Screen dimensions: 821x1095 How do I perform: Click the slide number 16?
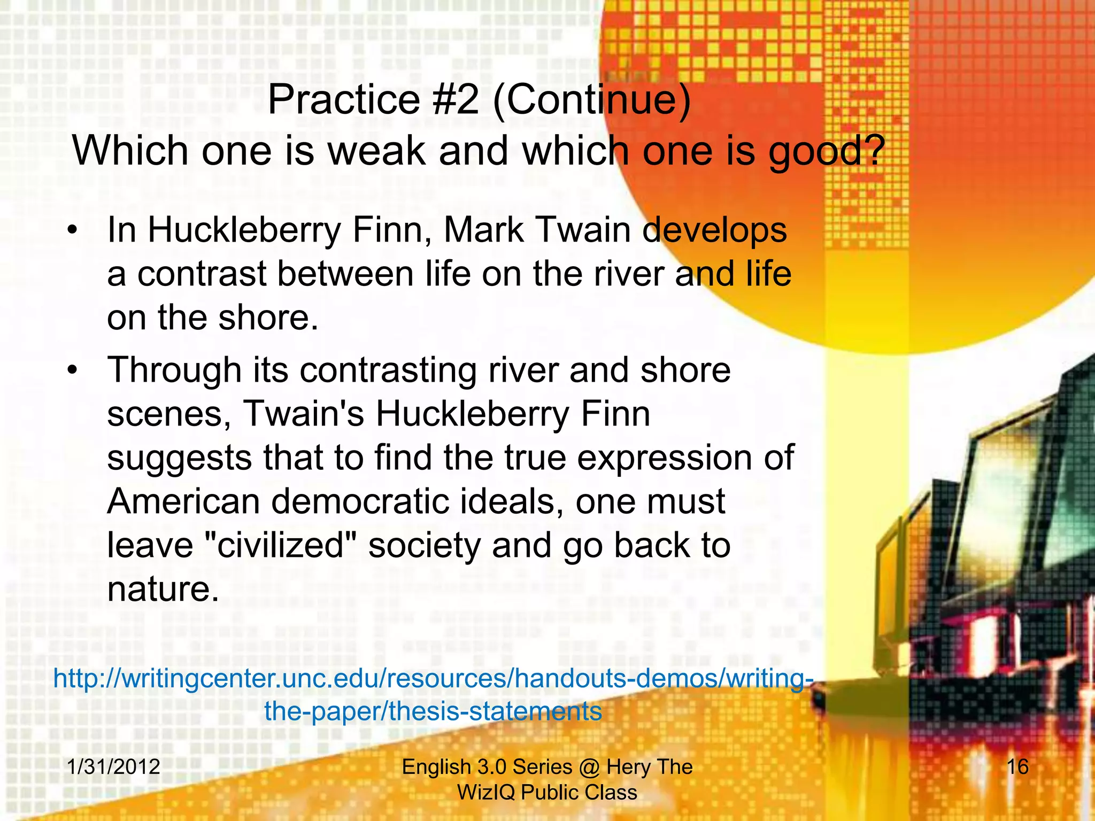pos(1017,767)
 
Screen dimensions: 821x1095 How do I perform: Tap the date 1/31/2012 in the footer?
pos(114,767)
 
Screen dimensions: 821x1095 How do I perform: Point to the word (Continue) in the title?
pos(591,100)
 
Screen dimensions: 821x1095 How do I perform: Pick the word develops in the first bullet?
pos(714,231)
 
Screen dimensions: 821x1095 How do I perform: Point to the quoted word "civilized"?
pos(281,546)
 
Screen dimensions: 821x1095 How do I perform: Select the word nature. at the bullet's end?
pos(163,590)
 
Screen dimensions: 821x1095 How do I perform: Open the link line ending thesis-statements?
pos(433,711)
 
